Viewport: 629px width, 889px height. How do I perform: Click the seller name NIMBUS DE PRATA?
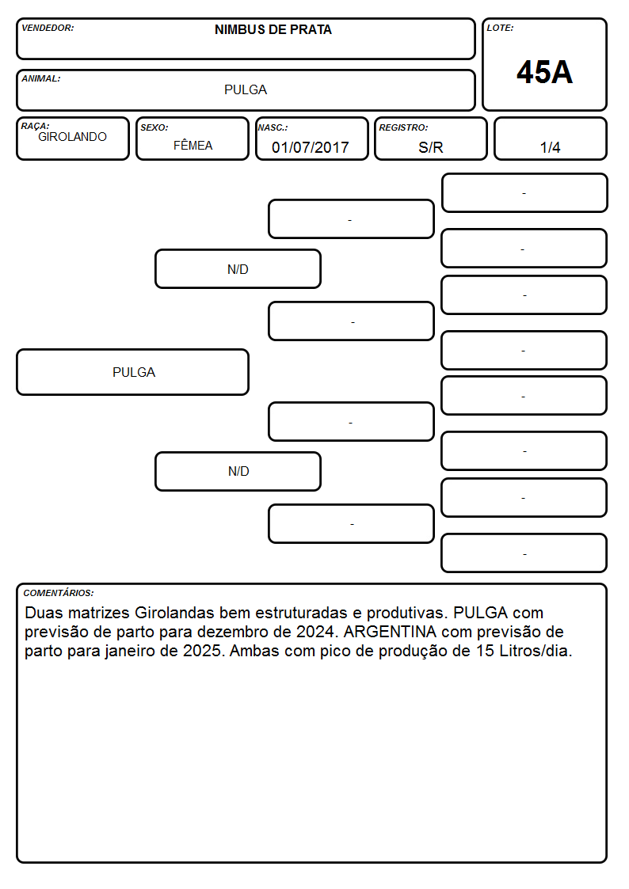point(273,30)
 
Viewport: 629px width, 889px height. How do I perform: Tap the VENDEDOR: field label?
point(48,28)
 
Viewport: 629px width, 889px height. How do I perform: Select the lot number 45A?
point(544,73)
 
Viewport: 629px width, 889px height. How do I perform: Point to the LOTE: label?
point(500,28)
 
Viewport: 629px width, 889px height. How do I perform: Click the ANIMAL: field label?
point(41,79)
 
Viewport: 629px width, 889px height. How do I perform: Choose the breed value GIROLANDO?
point(72,137)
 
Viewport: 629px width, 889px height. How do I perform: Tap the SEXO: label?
point(154,128)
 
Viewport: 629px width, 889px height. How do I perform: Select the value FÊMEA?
point(193,145)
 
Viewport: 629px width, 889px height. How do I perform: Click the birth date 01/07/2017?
point(311,147)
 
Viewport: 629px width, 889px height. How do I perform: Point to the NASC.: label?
point(273,128)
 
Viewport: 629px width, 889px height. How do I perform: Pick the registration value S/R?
point(430,147)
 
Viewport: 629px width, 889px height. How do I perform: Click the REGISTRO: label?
point(403,128)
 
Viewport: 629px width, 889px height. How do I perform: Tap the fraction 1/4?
point(550,147)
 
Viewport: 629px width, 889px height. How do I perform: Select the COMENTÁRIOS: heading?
point(59,593)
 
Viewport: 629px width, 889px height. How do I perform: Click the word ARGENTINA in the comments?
point(390,632)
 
